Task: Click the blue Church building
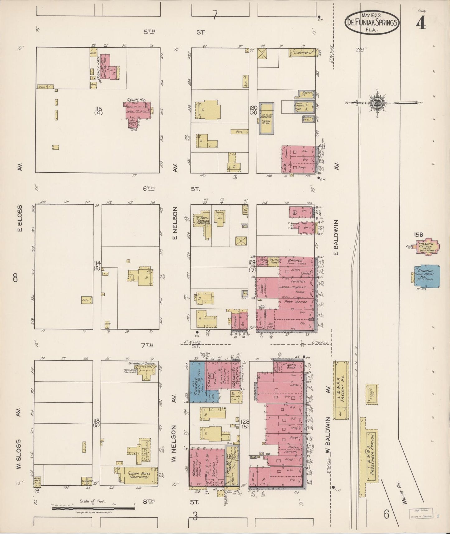click(427, 276)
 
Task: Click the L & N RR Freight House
click(341, 389)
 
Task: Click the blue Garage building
click(197, 382)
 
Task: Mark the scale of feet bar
click(93, 508)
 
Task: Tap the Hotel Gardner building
click(203, 222)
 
